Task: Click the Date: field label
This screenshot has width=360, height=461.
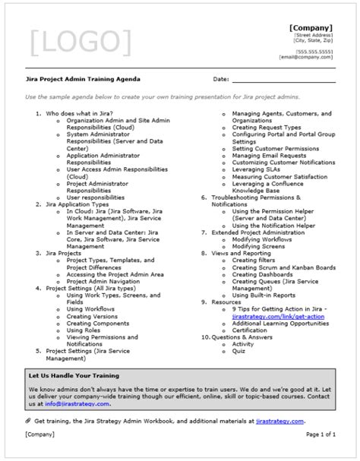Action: (x=220, y=79)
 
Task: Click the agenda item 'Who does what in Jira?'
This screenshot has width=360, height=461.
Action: (x=74, y=113)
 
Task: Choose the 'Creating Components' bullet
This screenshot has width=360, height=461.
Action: (x=96, y=323)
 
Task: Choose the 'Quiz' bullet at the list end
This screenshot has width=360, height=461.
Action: (x=239, y=352)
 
